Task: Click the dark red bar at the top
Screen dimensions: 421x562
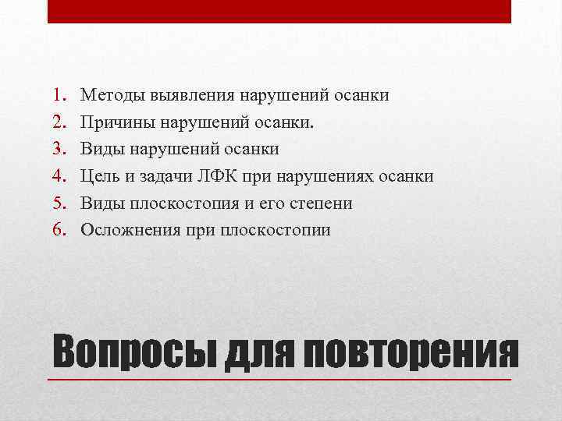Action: [279, 11]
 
